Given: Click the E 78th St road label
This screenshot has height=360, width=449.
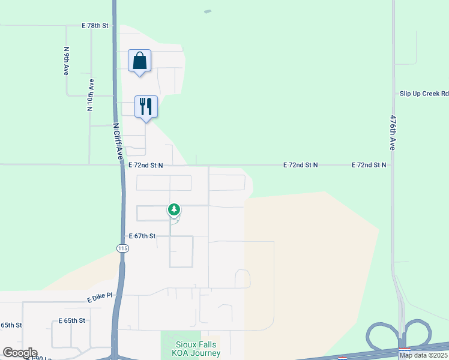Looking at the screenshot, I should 95,26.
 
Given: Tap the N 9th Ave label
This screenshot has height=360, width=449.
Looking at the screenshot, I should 66,61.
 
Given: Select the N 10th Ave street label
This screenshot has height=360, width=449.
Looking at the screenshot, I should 91,95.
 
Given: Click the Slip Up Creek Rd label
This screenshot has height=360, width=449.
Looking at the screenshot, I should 424,94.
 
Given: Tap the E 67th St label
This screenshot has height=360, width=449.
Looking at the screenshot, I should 142,236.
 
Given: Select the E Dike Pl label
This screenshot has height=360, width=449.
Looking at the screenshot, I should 100,298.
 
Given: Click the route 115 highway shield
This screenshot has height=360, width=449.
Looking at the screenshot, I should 122,248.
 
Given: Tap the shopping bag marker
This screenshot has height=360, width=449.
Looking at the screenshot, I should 139,61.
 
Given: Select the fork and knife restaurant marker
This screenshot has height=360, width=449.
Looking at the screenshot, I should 146,107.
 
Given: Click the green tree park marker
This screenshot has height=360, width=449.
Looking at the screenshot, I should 174,210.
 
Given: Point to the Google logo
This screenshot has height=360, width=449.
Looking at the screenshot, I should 19,353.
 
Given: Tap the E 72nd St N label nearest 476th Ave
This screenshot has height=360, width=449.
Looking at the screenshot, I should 369,164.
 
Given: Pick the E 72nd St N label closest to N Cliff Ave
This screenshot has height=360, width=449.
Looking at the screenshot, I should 146,164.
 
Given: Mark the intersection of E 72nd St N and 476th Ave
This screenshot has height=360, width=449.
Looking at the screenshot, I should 394,164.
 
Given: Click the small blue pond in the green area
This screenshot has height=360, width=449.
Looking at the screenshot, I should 208,11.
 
